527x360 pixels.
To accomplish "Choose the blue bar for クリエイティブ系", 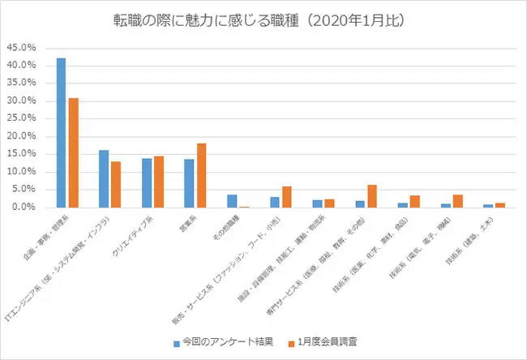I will click(146, 183).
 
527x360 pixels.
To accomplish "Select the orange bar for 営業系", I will click(201, 175).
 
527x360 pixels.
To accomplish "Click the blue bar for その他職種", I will click(232, 201).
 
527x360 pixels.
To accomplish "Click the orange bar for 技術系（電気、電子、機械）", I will click(456, 201).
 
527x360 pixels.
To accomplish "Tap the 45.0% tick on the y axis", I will click(21, 47).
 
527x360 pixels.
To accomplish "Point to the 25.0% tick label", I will click(21, 118).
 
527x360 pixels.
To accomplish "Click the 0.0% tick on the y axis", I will click(24, 208).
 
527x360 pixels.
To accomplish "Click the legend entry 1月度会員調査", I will click(326, 341).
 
